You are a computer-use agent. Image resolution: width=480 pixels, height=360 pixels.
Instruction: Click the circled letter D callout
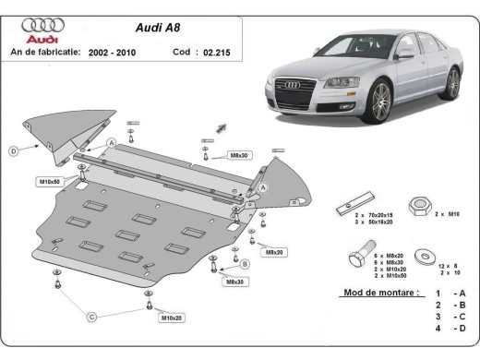click(13, 150)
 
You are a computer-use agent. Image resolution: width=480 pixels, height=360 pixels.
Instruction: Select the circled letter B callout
click(245, 265)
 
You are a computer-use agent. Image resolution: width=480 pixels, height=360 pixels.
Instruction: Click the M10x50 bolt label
click(49, 181)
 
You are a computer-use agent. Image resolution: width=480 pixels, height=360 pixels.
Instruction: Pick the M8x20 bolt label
click(274, 251)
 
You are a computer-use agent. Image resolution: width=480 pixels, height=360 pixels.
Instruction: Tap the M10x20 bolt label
click(171, 318)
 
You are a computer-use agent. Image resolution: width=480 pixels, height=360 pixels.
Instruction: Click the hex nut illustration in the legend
click(415, 200)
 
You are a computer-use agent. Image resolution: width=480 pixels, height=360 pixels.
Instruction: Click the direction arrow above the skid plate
click(220, 125)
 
